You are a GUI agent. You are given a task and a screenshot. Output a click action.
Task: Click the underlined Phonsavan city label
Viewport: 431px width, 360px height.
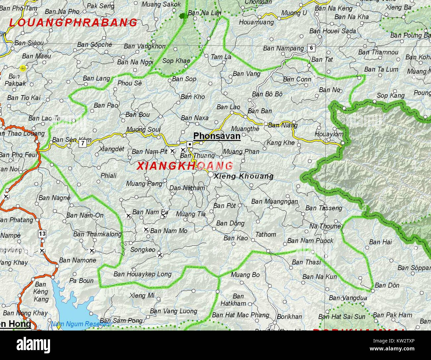point(216,136)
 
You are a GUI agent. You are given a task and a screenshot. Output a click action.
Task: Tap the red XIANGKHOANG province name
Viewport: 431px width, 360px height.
point(185,166)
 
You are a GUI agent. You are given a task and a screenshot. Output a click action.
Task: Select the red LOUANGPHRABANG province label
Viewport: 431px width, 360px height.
point(73,23)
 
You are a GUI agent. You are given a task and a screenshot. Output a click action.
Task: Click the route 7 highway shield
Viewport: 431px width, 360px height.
point(82,143)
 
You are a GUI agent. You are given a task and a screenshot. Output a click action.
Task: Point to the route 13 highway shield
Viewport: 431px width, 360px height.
point(42,234)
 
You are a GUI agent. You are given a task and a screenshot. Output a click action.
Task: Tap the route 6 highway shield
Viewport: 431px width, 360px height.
point(311,48)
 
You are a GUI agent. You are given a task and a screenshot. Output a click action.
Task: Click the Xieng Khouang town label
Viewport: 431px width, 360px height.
point(243,176)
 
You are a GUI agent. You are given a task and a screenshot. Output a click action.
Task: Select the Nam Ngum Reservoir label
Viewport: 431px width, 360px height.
point(81,324)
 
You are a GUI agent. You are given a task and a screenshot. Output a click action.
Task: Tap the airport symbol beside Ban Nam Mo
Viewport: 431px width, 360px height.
point(146,230)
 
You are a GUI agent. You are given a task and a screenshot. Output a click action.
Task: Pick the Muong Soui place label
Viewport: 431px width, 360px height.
point(143,129)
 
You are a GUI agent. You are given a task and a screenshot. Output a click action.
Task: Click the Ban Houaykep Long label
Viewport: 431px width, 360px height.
point(142,274)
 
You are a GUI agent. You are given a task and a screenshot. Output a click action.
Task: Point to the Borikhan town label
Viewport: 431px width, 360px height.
point(289,316)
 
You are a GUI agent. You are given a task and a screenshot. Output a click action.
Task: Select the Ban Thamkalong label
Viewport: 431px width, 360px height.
point(97,234)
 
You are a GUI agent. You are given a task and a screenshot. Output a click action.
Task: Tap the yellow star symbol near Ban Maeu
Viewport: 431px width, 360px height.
point(23,68)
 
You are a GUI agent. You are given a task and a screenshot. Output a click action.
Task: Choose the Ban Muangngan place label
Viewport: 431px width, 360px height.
point(274,201)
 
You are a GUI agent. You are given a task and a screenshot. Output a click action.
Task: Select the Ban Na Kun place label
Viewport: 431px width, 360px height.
point(319,277)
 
